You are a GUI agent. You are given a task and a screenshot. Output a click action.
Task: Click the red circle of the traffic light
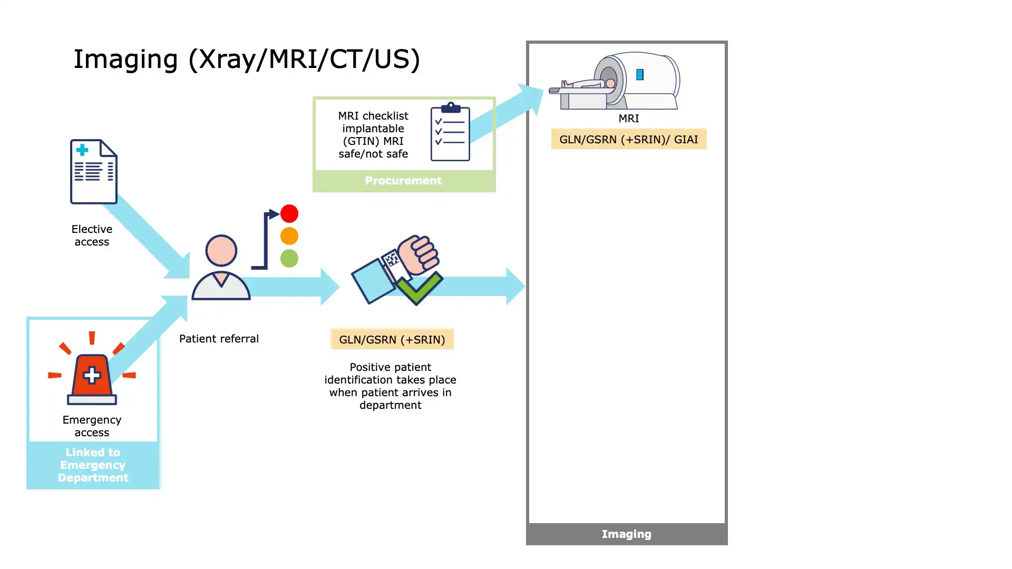click(x=289, y=213)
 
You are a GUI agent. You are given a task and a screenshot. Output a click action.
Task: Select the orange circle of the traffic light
click(x=289, y=236)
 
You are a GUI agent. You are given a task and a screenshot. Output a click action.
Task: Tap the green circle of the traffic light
click(x=289, y=258)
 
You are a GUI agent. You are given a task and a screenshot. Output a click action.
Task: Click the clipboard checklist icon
click(x=450, y=132)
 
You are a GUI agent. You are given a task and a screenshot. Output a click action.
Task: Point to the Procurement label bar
click(x=404, y=181)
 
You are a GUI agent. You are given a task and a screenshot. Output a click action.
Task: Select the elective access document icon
click(x=94, y=172)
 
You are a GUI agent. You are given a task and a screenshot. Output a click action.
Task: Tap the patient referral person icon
click(x=221, y=268)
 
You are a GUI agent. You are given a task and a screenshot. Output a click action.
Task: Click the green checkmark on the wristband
click(x=419, y=288)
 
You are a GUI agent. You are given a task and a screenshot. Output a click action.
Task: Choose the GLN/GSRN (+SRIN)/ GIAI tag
click(x=628, y=140)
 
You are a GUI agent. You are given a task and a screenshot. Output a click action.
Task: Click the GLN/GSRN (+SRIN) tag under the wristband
click(x=392, y=340)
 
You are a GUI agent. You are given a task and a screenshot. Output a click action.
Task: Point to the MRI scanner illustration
click(x=617, y=82)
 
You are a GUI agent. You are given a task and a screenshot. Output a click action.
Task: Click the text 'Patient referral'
click(x=219, y=339)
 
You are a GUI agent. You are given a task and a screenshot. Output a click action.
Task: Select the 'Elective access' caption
click(x=92, y=236)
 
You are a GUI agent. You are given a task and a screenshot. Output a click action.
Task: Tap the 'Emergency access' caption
click(x=92, y=426)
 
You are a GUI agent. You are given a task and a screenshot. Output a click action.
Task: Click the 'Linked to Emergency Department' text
click(x=93, y=465)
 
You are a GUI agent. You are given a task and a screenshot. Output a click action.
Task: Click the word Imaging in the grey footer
click(x=626, y=534)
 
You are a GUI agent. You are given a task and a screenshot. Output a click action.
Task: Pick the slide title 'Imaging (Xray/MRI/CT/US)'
click(x=247, y=59)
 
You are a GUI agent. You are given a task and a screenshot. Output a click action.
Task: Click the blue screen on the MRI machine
click(x=640, y=75)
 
